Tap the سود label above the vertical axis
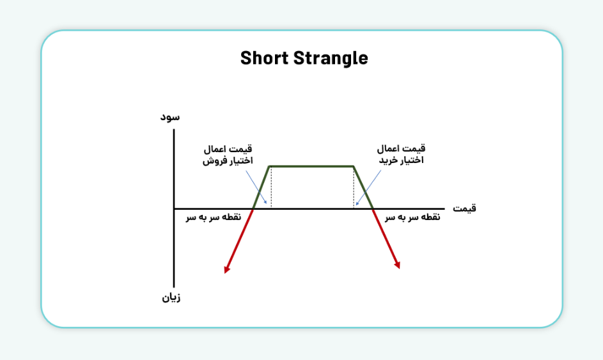169,116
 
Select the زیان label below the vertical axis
169,298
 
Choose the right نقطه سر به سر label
412,217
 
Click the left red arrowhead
226,269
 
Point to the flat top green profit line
311,166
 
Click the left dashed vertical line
271,187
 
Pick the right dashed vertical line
354,187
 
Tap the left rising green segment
262,187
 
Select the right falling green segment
363,187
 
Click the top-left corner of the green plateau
270,166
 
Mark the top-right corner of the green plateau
354,166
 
